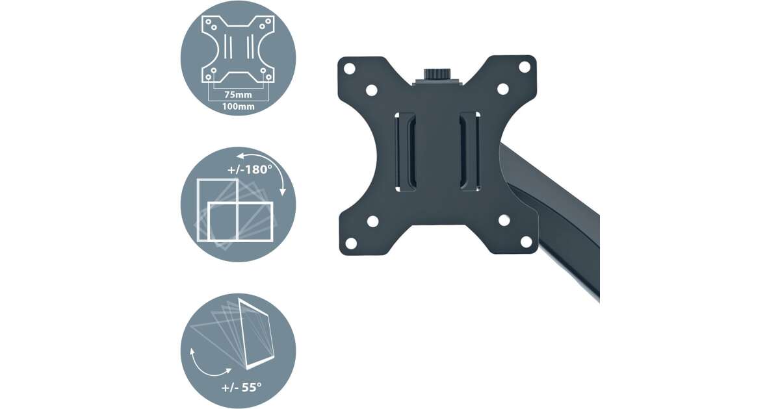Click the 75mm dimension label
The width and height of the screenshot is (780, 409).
pyautogui.click(x=238, y=95)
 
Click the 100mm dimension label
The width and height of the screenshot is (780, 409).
pyautogui.click(x=238, y=106)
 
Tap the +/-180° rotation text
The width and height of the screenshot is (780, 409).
pyautogui.click(x=250, y=169)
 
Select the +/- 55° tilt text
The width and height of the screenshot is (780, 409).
pyautogui.click(x=241, y=387)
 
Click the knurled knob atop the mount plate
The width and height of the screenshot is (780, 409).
pyautogui.click(x=437, y=74)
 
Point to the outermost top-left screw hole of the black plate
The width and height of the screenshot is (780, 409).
pyautogui.click(x=349, y=69)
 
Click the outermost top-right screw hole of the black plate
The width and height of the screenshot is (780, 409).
pyautogui.click(x=525, y=67)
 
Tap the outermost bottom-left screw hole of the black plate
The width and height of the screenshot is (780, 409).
pyautogui.click(x=351, y=243)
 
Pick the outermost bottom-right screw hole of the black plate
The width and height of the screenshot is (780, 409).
pyautogui.click(x=526, y=242)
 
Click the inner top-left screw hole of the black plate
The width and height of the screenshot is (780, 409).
pyautogui.click(x=372, y=90)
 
